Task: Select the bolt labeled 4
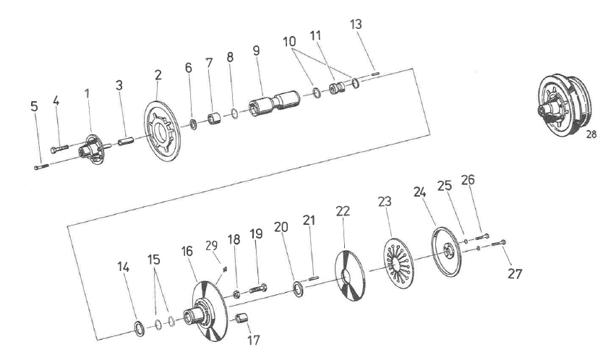click(x=59, y=149)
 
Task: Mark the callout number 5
click(x=34, y=107)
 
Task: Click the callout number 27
click(x=515, y=274)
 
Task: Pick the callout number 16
click(x=187, y=251)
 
